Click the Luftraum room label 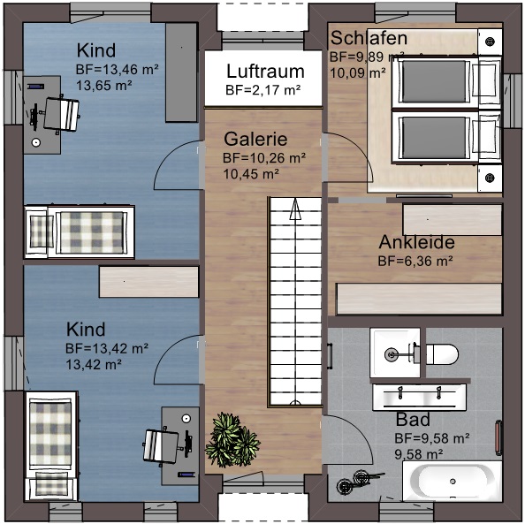pyautogui.click(x=265, y=72)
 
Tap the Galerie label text pyautogui.click(x=255, y=140)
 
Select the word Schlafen pyautogui.click(x=369, y=38)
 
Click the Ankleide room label pyautogui.click(x=416, y=242)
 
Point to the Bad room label pyautogui.click(x=413, y=419)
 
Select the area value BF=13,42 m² pyautogui.click(x=106, y=347)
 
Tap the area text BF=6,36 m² pyautogui.click(x=415, y=261)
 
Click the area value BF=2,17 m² pyautogui.click(x=262, y=90)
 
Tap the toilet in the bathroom pyautogui.click(x=438, y=354)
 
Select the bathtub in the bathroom pyautogui.click(x=450, y=482)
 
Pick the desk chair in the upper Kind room pyautogui.click(x=59, y=113)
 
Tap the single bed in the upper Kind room pyautogui.click(x=80, y=232)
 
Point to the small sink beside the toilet pyautogui.click(x=394, y=353)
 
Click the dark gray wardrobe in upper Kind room pyautogui.click(x=181, y=72)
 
